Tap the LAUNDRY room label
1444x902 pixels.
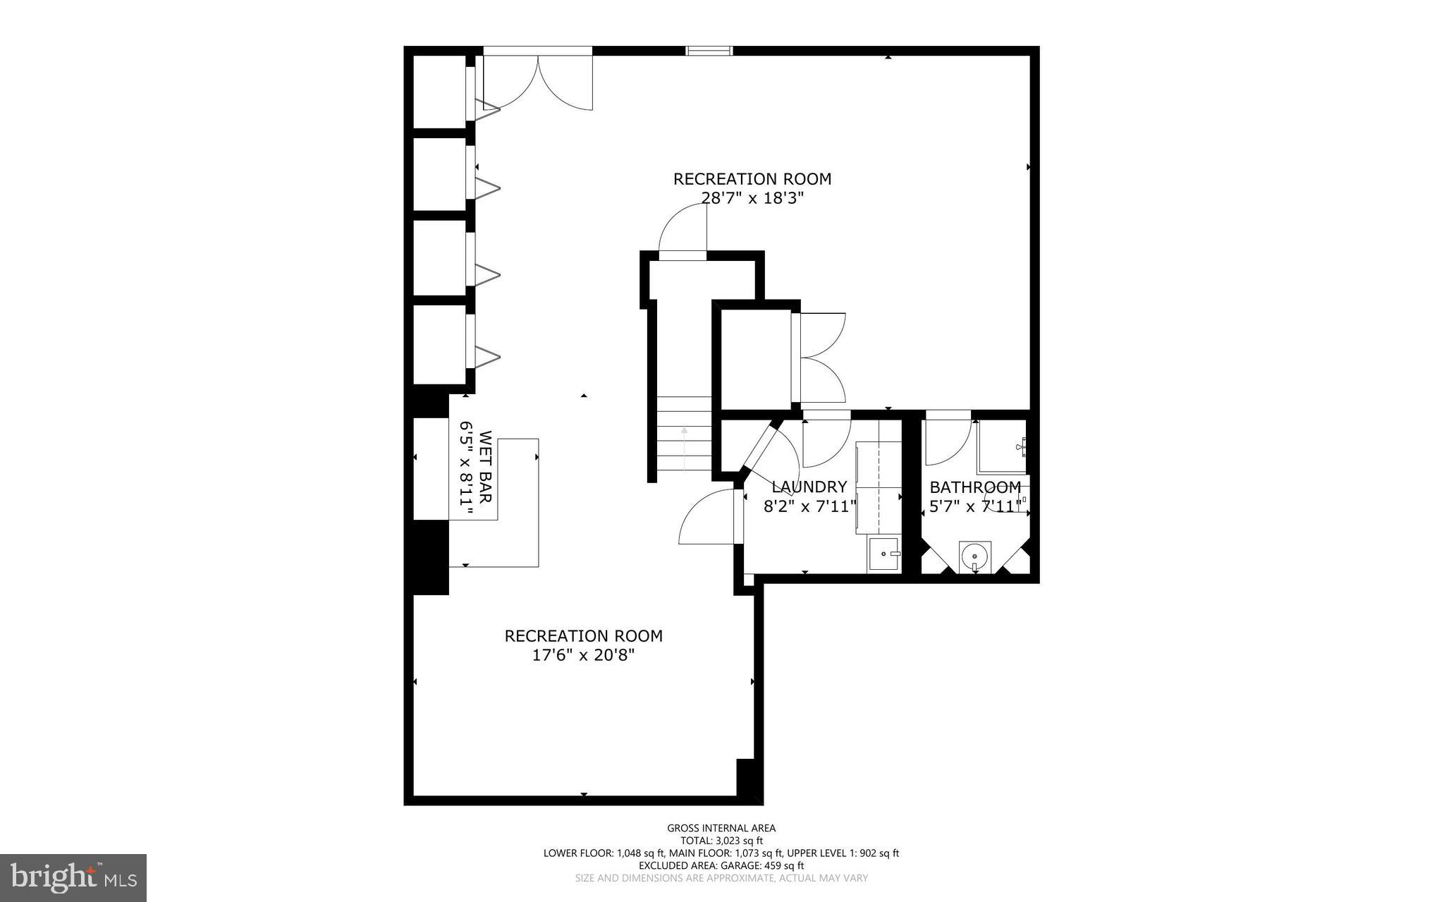pyautogui.click(x=809, y=487)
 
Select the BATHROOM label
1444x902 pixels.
pyautogui.click(x=975, y=487)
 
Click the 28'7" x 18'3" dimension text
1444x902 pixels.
pyautogui.click(x=752, y=198)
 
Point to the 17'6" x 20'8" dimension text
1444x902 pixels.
pyautogui.click(x=583, y=655)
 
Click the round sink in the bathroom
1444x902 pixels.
pyautogui.click(x=975, y=555)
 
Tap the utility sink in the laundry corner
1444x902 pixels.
pyautogui.click(x=884, y=554)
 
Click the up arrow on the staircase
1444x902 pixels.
pyautogui.click(x=684, y=449)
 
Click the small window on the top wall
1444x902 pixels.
pyautogui.click(x=710, y=50)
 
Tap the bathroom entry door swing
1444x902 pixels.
pyautogui.click(x=946, y=443)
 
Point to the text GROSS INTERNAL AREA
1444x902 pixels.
pyautogui.click(x=721, y=828)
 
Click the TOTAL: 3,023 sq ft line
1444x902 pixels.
pyautogui.click(x=721, y=841)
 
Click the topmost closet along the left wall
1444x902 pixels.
pyautogui.click(x=439, y=92)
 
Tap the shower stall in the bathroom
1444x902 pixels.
pyautogui.click(x=1001, y=446)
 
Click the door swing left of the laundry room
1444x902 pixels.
pyautogui.click(x=707, y=518)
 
